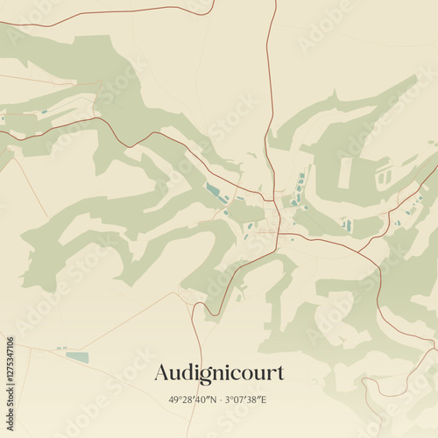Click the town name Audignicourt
[x=219, y=372]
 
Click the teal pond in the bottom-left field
[x=77, y=357]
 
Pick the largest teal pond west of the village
[x=213, y=188]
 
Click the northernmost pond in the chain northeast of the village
[x=302, y=178]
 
